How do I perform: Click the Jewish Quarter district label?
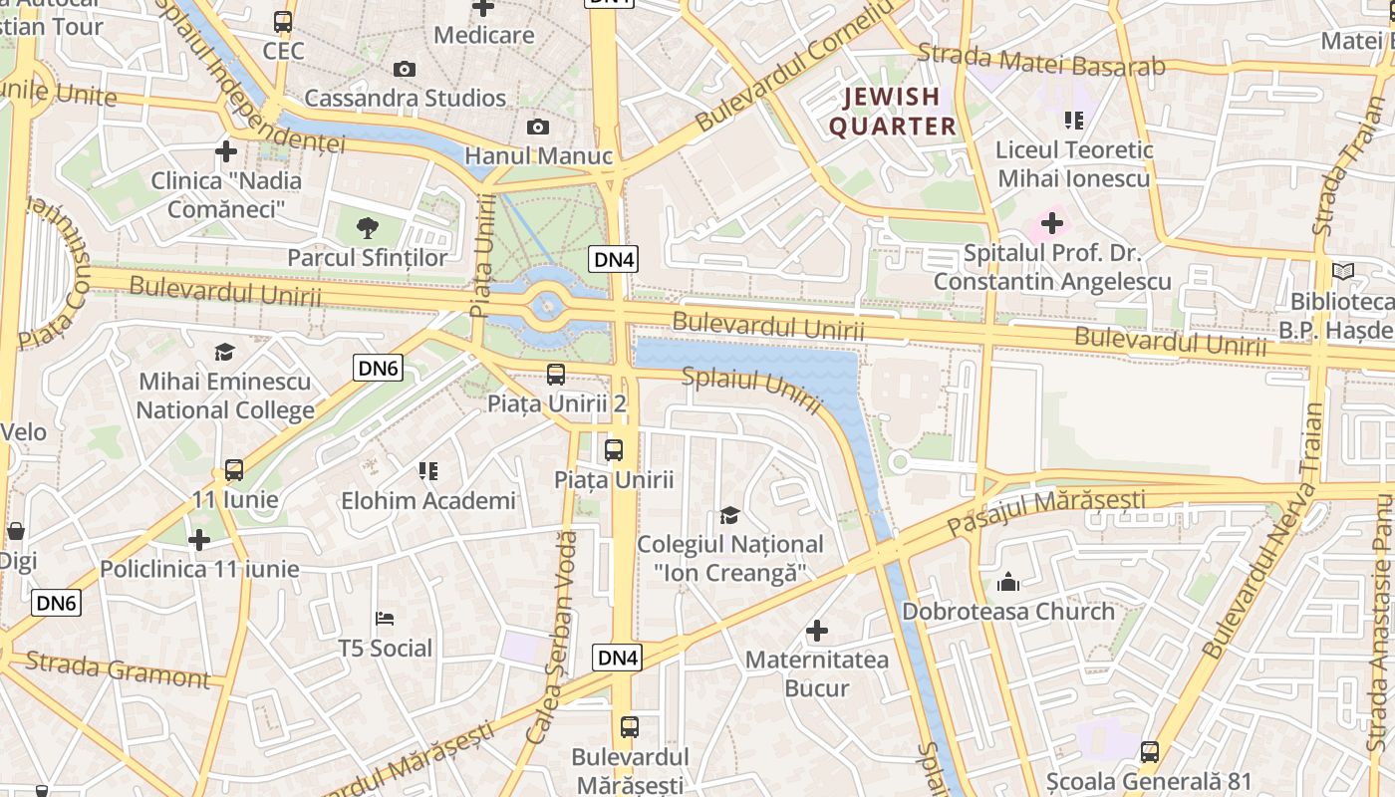892,111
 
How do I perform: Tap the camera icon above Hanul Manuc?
538,127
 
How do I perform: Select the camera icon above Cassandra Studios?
404,69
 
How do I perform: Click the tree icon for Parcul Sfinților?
368,227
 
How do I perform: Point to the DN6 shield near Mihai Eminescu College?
378,369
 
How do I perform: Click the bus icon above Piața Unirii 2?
556,375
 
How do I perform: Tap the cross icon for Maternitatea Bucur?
817,630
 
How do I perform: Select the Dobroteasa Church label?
1008,611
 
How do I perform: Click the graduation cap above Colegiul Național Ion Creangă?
730,515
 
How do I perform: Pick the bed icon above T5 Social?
385,619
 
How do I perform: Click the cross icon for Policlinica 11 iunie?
199,540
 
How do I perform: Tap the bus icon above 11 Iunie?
234,469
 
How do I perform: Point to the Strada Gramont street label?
118,669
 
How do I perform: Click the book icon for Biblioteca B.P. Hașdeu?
1343,271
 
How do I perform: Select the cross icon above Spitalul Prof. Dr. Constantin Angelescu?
1052,222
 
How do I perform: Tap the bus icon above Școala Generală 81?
1150,751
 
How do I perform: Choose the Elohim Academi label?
428,500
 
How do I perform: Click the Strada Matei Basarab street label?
1041,61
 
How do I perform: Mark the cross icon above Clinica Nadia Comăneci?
226,151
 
